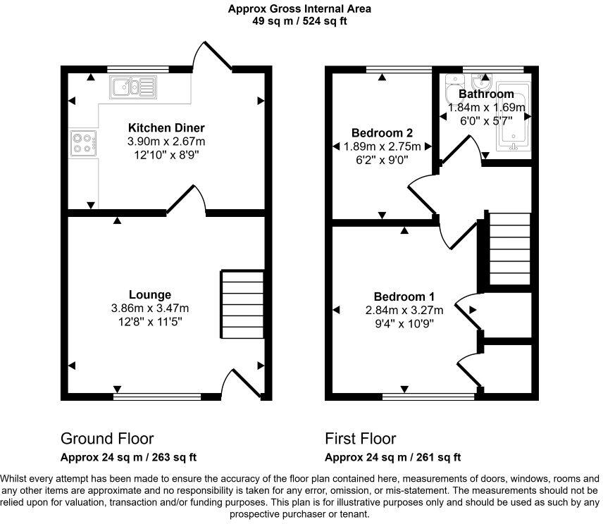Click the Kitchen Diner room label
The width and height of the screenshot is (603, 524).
[166, 128]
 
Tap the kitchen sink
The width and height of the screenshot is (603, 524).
[132, 87]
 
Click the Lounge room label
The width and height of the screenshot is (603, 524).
[150, 294]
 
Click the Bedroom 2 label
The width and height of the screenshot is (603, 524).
[382, 133]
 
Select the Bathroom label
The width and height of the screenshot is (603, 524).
[486, 94]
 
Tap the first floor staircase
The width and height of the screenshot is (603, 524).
[509, 248]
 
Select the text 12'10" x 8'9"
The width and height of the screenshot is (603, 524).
[166, 155]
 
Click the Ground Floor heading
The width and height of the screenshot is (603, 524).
[107, 439]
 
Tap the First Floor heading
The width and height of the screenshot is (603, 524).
[360, 439]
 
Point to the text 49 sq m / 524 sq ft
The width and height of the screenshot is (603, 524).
[300, 21]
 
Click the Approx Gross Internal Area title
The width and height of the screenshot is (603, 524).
[300, 9]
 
